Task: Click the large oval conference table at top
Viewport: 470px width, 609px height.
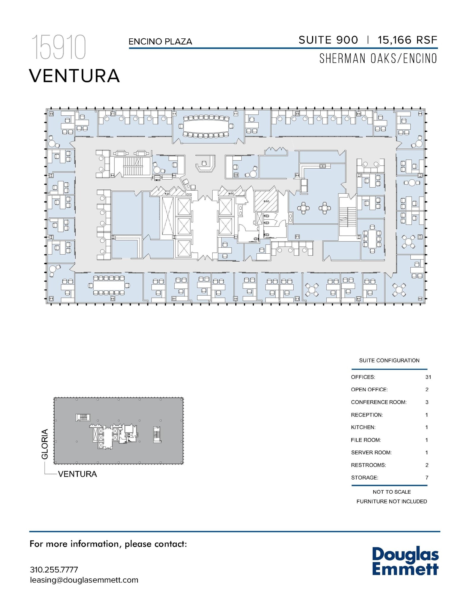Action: pyautogui.click(x=207, y=126)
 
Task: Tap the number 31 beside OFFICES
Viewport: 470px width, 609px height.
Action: pyautogui.click(x=428, y=377)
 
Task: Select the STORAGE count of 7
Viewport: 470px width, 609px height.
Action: pyautogui.click(x=427, y=478)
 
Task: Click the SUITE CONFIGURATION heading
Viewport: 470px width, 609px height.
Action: pyautogui.click(x=389, y=360)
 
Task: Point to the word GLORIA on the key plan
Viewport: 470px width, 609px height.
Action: pyautogui.click(x=45, y=444)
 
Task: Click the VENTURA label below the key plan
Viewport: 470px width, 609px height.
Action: pyautogui.click(x=77, y=474)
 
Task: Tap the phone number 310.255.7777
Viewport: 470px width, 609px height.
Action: pyautogui.click(x=54, y=569)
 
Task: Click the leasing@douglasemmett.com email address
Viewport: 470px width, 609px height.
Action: pyautogui.click(x=84, y=580)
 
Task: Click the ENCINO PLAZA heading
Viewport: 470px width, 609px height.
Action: pyautogui.click(x=160, y=42)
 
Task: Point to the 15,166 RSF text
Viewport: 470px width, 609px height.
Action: pyautogui.click(x=407, y=40)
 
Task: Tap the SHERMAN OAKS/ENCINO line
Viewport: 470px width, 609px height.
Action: pyautogui.click(x=378, y=58)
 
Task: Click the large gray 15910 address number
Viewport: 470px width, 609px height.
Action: pyautogui.click(x=59, y=47)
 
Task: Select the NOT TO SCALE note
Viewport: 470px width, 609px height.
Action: pyautogui.click(x=391, y=492)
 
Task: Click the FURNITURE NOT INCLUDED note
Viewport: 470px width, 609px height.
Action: pyautogui.click(x=391, y=501)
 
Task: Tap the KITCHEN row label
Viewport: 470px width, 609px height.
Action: pyautogui.click(x=363, y=427)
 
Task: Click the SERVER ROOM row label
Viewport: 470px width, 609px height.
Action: pyautogui.click(x=371, y=453)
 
